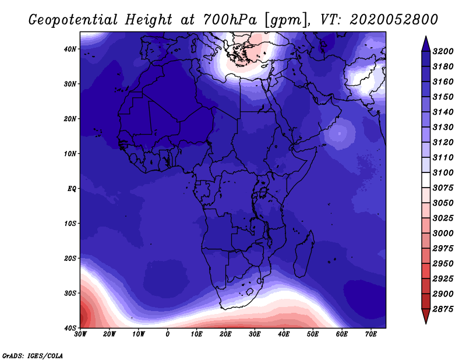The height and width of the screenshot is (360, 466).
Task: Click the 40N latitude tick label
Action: (x=70, y=49)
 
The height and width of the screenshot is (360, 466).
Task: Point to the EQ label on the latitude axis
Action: (x=72, y=189)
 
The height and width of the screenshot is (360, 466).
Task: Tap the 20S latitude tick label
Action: (x=70, y=258)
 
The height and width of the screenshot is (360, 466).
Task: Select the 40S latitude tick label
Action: (x=70, y=328)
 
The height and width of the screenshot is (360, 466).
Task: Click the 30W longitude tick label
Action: (x=80, y=334)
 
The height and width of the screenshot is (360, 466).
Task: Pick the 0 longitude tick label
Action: (x=168, y=334)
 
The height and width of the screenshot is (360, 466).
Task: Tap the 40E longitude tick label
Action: (x=284, y=334)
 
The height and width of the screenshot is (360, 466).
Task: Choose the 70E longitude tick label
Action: (x=371, y=334)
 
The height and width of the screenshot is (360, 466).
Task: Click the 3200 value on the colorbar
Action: (x=443, y=51)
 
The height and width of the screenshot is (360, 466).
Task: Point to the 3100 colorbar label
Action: (x=443, y=172)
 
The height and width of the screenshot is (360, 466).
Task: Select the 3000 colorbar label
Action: (x=443, y=234)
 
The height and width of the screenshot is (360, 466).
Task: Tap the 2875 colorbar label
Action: (x=443, y=309)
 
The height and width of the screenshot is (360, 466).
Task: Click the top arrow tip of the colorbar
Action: (x=426, y=37)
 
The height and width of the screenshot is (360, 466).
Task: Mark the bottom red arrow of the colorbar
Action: (x=426, y=316)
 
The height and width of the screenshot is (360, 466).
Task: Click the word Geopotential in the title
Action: (x=73, y=20)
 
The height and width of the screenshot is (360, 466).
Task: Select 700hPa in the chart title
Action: (x=230, y=20)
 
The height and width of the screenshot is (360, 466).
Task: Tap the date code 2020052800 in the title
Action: (x=394, y=19)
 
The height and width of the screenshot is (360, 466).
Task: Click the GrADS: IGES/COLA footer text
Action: (x=33, y=356)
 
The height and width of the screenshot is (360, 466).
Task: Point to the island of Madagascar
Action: (x=303, y=255)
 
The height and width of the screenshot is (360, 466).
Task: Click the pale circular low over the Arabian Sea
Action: (x=340, y=133)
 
